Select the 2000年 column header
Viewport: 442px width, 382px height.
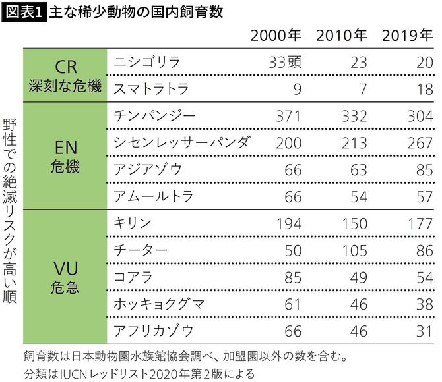click(x=276, y=35)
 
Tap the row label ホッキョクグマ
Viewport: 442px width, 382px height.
click(x=159, y=304)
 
